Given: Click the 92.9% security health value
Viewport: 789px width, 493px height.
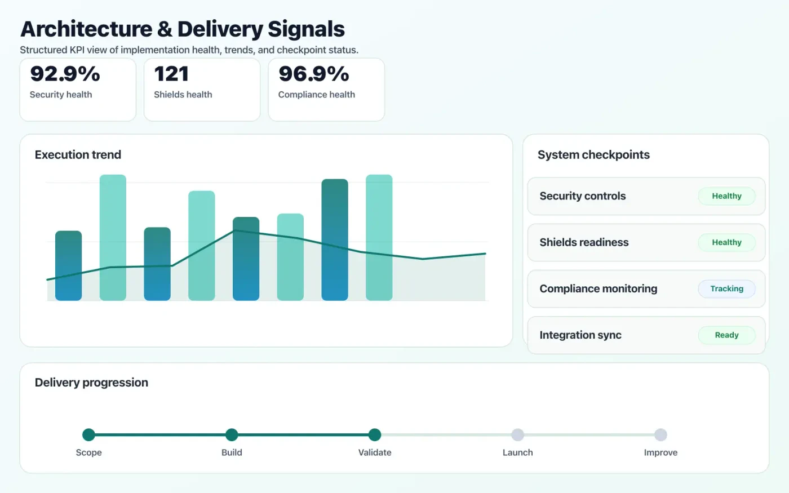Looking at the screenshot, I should (65, 74).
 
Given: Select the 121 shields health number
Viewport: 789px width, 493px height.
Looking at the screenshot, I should (171, 74).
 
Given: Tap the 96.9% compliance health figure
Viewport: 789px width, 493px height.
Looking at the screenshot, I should (314, 74).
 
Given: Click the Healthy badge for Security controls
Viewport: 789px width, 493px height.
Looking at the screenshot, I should (726, 196).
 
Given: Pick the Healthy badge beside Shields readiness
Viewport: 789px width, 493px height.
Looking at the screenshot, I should (726, 242).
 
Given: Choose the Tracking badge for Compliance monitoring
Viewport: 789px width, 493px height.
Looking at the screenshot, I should (726, 288).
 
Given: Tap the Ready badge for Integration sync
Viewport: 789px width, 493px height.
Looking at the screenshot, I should (726, 335).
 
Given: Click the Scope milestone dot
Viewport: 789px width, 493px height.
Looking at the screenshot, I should (88, 434).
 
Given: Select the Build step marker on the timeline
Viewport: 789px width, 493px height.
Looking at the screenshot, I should (232, 434).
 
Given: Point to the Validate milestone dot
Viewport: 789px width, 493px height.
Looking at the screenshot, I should (375, 434).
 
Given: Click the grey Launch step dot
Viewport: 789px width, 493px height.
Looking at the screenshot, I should (517, 434).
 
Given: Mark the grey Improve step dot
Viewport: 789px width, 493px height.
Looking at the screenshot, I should (661, 434).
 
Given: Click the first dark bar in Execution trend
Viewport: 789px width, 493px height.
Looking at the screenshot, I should (68, 265).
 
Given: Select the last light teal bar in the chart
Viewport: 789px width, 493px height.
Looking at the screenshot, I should (379, 237).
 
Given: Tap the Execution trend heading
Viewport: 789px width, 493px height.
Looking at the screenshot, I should (78, 155).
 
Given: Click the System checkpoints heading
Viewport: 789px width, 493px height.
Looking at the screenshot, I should (593, 155).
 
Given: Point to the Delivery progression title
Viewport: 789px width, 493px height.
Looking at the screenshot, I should (91, 383).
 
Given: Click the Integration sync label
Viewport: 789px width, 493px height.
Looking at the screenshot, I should (580, 335).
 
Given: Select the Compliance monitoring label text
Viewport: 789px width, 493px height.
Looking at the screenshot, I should (598, 289).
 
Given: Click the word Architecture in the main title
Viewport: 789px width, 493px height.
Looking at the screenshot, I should (86, 29).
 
